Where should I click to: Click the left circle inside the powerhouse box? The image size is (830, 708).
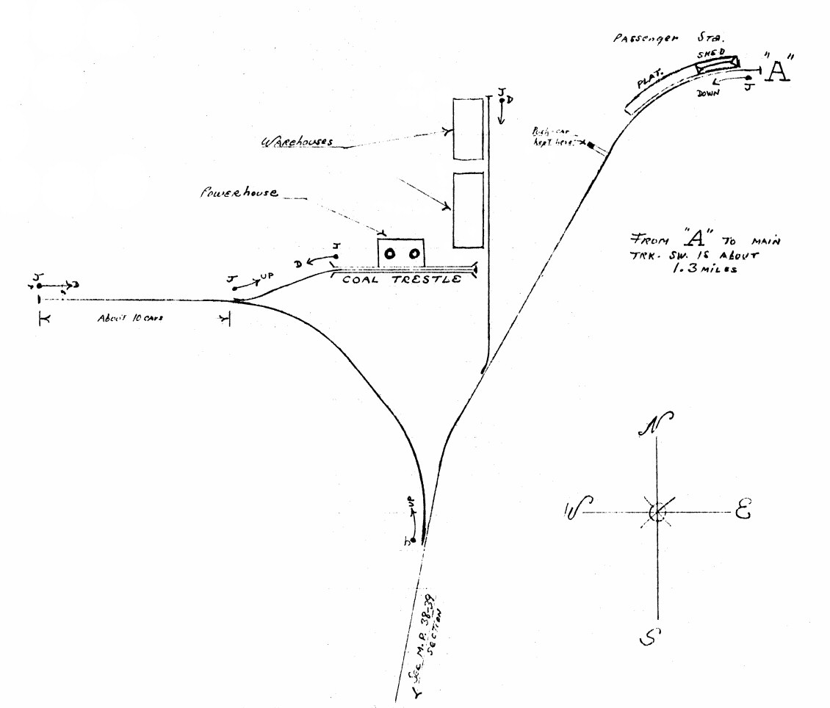pos(391,253)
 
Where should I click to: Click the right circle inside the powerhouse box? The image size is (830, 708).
pos(414,253)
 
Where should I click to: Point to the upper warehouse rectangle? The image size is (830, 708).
pos(468,129)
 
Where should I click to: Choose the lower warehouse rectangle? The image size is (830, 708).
pos(468,210)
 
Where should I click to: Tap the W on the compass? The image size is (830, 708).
pos(574,508)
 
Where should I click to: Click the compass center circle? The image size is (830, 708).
pos(657,512)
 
